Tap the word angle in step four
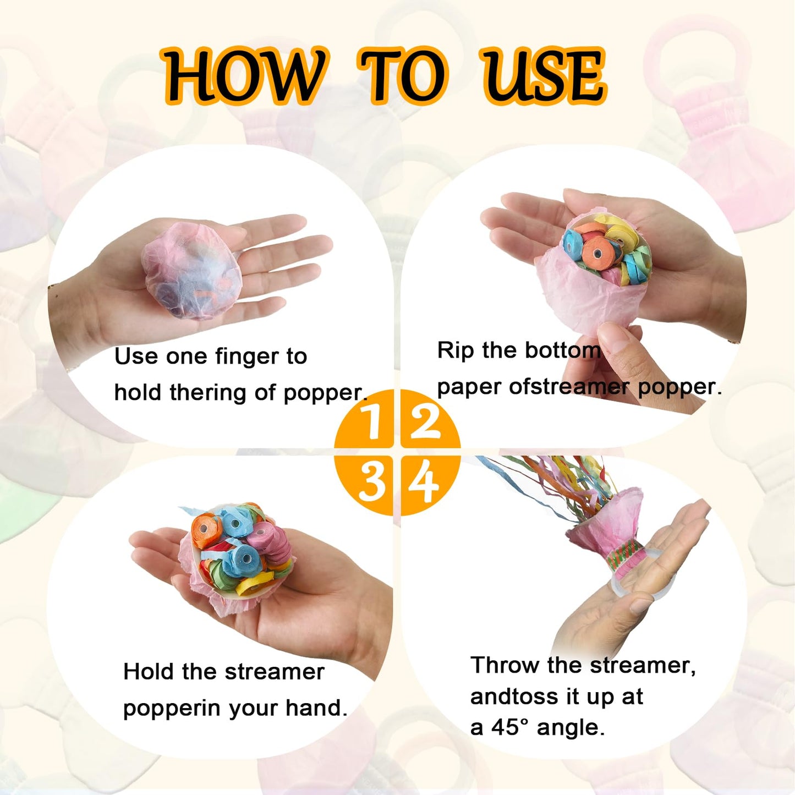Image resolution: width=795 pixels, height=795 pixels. [x=570, y=727]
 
